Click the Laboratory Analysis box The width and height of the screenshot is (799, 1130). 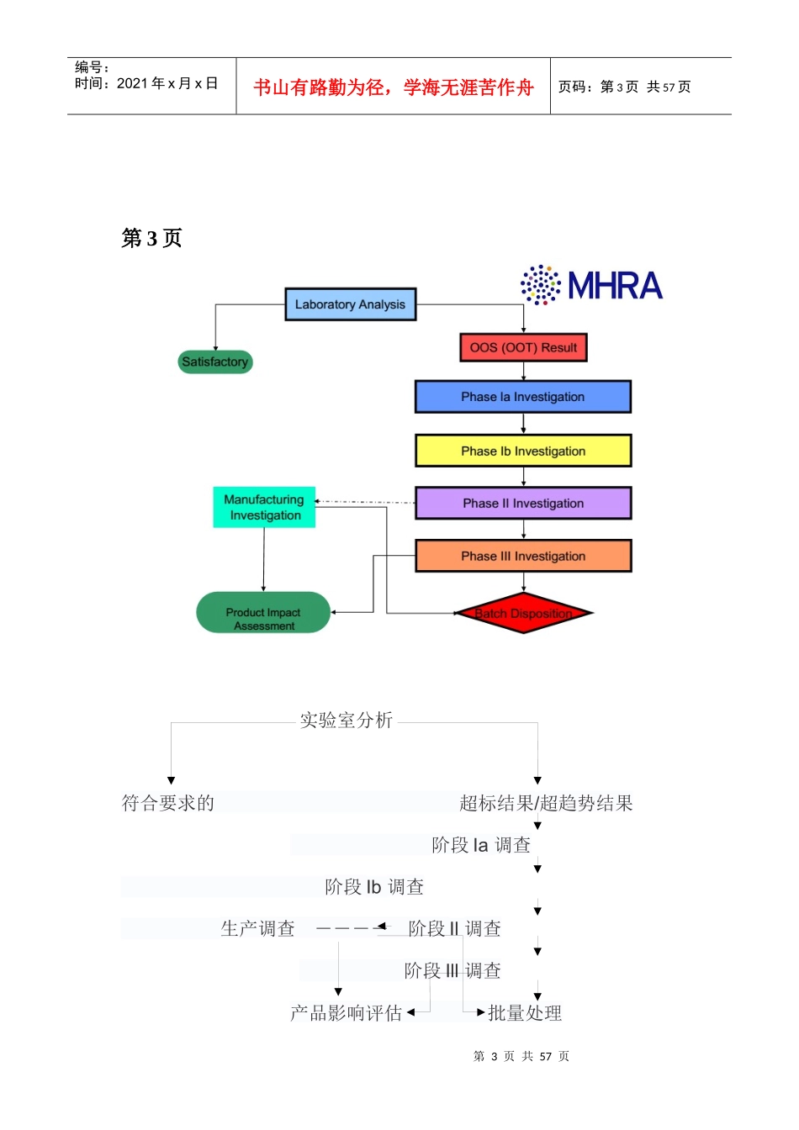pos(350,304)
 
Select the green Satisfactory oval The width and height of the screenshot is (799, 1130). pos(215,362)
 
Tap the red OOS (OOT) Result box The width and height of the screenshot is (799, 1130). pos(523,347)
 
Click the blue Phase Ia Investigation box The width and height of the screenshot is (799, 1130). pos(522,397)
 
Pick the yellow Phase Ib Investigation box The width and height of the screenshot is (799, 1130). pos(522,451)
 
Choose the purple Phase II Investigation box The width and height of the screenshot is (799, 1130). pos(522,503)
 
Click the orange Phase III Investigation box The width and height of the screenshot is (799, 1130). pos(522,556)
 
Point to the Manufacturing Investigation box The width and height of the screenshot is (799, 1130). pos(264,508)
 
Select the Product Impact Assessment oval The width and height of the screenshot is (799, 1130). pos(263,613)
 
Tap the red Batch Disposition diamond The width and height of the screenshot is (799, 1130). pos(523,613)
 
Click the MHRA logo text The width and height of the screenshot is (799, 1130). pos(616,286)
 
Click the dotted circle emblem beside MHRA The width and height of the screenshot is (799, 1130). pos(541,285)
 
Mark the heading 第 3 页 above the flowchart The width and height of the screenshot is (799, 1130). pos(151,239)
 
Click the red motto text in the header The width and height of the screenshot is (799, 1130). pos(394,87)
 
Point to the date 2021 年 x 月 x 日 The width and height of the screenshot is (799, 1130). pos(167,84)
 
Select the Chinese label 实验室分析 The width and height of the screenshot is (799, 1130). pos(347,721)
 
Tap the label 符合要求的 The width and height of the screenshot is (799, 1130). pos(168,804)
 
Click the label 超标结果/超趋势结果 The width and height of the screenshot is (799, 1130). pos(546,804)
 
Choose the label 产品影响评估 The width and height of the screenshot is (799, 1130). pos(347,1013)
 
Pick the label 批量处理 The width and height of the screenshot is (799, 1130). pos(525,1013)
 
